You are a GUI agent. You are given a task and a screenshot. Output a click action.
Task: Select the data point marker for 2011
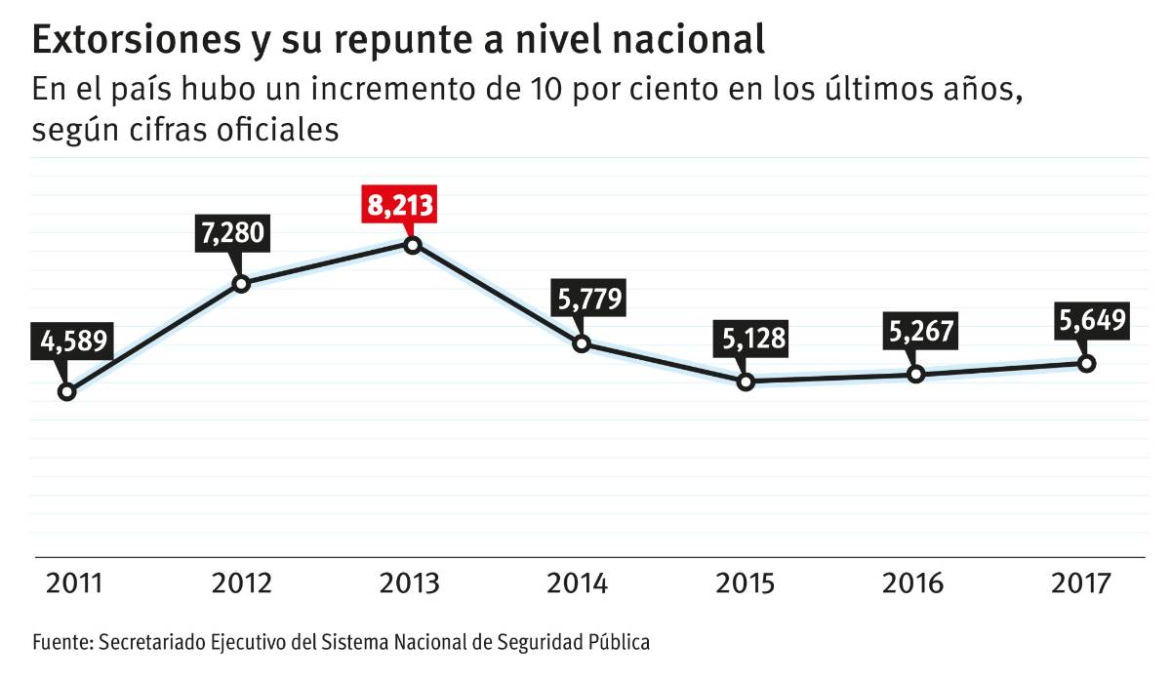tap(66, 391)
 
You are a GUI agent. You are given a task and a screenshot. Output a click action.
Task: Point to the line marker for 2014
tap(582, 343)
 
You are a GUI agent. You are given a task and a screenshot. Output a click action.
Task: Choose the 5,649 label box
tap(1092, 320)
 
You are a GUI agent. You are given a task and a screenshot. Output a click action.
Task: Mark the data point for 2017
tap(1086, 363)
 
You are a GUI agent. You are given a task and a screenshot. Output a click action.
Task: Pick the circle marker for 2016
tap(915, 374)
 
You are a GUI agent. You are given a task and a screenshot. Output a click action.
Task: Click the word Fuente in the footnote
tap(61, 643)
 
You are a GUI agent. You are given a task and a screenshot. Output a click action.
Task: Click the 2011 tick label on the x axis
tap(74, 583)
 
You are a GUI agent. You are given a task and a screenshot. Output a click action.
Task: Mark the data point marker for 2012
tap(241, 284)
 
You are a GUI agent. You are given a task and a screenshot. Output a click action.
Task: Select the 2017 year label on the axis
tap(1082, 583)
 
